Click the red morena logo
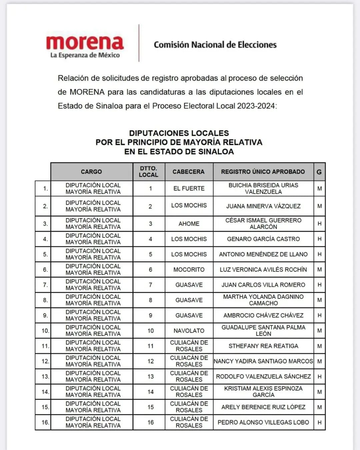coord(85,43)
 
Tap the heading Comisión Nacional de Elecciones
coord(215,45)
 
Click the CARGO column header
coord(91,172)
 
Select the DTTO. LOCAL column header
coord(149,172)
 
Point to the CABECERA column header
coord(189,172)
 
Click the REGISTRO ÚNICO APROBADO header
coord(263,172)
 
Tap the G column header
coord(319,172)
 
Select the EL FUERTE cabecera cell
coord(189,189)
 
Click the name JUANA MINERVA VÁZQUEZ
coord(263,206)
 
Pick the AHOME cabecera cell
coord(189,224)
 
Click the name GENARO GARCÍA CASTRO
coord(263,239)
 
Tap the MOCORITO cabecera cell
coord(189,270)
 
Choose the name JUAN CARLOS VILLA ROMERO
coord(263,285)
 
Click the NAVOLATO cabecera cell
coord(189,331)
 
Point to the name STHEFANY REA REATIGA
coord(263,346)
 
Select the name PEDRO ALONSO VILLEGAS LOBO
coord(263,422)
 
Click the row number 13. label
coord(45,377)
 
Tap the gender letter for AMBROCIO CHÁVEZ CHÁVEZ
coord(319,315)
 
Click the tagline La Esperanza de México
coord(85,55)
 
